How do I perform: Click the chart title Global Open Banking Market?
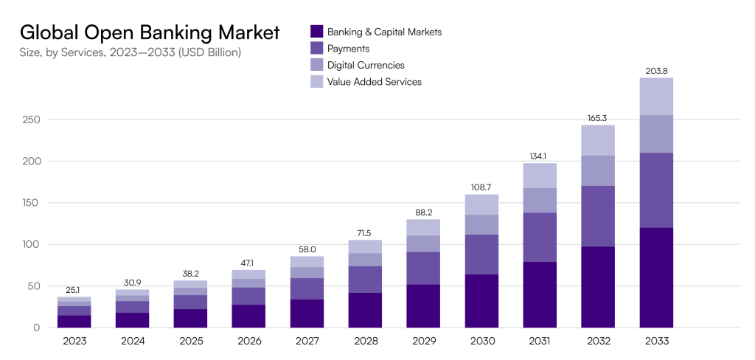(150, 32)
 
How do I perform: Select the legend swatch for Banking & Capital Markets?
(317, 32)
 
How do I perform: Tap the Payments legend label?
(349, 48)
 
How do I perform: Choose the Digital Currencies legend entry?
(366, 65)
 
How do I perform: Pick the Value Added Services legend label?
(374, 82)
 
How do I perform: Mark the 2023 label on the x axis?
(74, 341)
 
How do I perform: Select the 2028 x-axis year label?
(366, 341)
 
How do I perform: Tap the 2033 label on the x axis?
(656, 341)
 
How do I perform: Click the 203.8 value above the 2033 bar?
(656, 71)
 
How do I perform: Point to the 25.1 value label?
(74, 290)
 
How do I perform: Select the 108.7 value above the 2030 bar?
(481, 187)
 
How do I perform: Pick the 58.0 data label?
(307, 249)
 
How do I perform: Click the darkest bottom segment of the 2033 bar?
(656, 277)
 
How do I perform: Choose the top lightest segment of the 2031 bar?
(540, 176)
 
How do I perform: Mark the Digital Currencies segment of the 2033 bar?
(656, 134)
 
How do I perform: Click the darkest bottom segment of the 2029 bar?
(423, 306)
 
